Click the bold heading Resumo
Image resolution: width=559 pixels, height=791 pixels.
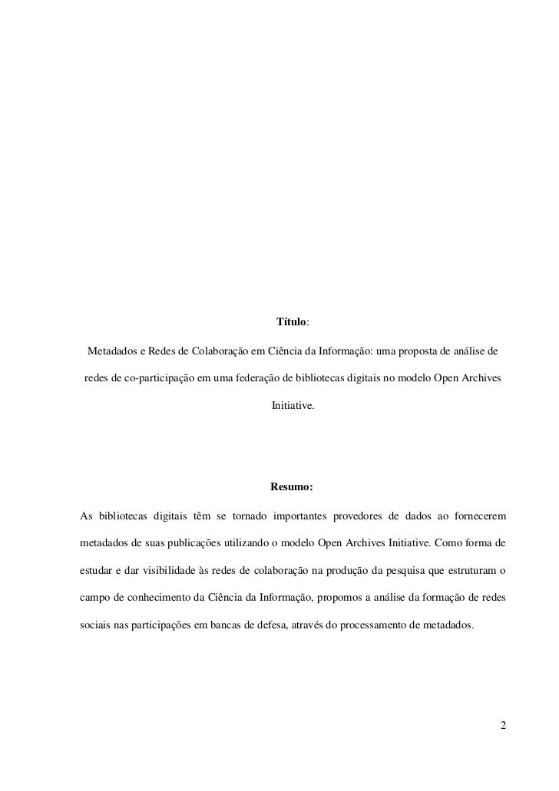[291, 486]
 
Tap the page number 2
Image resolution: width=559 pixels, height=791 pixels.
[503, 724]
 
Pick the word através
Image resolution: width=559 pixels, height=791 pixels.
[301, 625]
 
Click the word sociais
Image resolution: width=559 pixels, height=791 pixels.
[95, 625]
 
